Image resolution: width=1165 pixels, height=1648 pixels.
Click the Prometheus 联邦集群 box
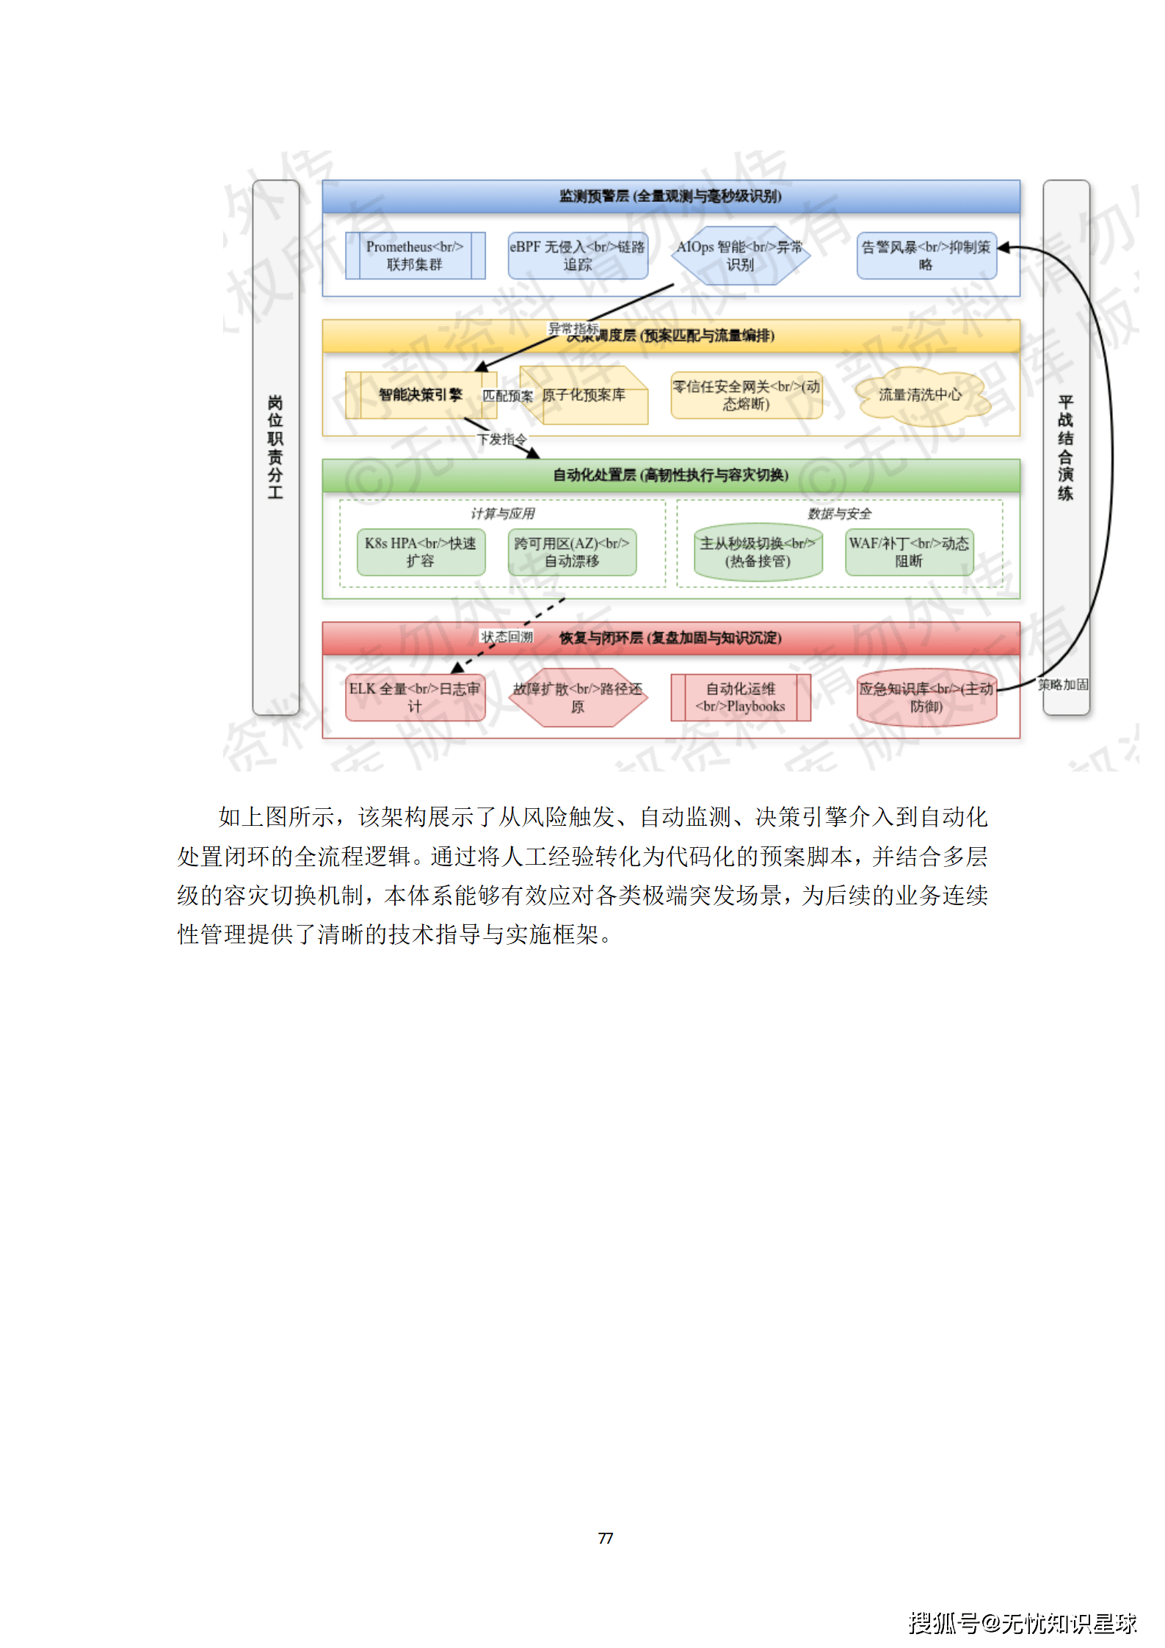[415, 255]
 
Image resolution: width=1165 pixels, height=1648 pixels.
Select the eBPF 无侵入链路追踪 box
[578, 255]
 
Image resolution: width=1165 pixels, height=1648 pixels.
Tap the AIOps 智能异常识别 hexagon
[740, 255]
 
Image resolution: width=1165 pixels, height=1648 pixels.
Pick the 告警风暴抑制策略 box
[926, 255]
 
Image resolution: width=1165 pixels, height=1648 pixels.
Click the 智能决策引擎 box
[415, 395]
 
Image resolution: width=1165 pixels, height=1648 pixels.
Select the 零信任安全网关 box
[746, 395]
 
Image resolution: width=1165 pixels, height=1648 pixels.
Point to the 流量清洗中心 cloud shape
[921, 395]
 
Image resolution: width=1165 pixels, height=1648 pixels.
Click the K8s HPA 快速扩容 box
[421, 552]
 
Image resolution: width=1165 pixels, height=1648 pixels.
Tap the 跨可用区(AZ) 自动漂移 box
[572, 552]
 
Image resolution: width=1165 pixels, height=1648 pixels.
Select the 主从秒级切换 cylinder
[758, 552]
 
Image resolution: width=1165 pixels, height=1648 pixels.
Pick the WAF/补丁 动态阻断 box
[909, 552]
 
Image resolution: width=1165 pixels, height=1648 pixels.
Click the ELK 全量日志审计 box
[415, 697]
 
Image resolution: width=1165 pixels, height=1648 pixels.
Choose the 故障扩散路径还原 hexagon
[578, 697]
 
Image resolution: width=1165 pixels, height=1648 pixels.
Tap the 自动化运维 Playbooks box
[741, 697]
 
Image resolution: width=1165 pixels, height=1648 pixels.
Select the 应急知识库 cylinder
[926, 697]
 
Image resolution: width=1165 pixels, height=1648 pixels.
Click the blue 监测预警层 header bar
[670, 196]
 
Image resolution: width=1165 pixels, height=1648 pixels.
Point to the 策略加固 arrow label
[1062, 684]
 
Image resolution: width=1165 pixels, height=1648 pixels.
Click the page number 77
[606, 1538]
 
